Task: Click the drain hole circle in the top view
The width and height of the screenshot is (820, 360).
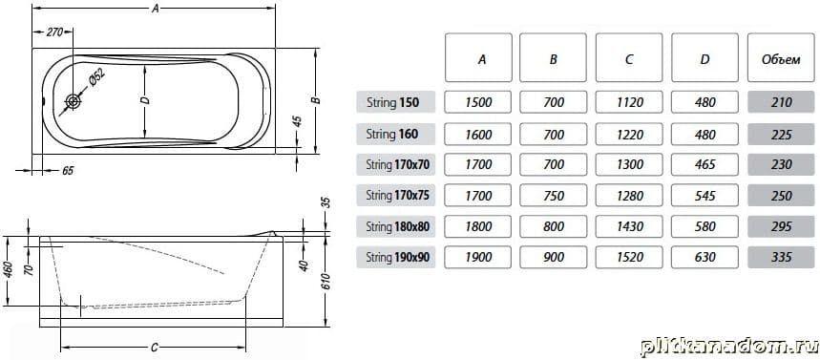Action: pyautogui.click(x=74, y=101)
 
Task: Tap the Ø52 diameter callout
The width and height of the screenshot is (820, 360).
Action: pyautogui.click(x=96, y=79)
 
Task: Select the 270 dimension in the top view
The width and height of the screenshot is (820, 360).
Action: pyautogui.click(x=55, y=32)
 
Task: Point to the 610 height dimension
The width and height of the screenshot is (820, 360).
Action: pyautogui.click(x=327, y=283)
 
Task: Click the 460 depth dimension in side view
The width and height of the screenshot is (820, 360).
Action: pyautogui.click(x=8, y=269)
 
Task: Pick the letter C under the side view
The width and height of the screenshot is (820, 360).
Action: pyautogui.click(x=155, y=348)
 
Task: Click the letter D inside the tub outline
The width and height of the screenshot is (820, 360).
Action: pyautogui.click(x=146, y=99)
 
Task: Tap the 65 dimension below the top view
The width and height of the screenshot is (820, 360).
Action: pyautogui.click(x=68, y=171)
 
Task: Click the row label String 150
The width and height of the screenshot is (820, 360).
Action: pyautogui.click(x=395, y=102)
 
